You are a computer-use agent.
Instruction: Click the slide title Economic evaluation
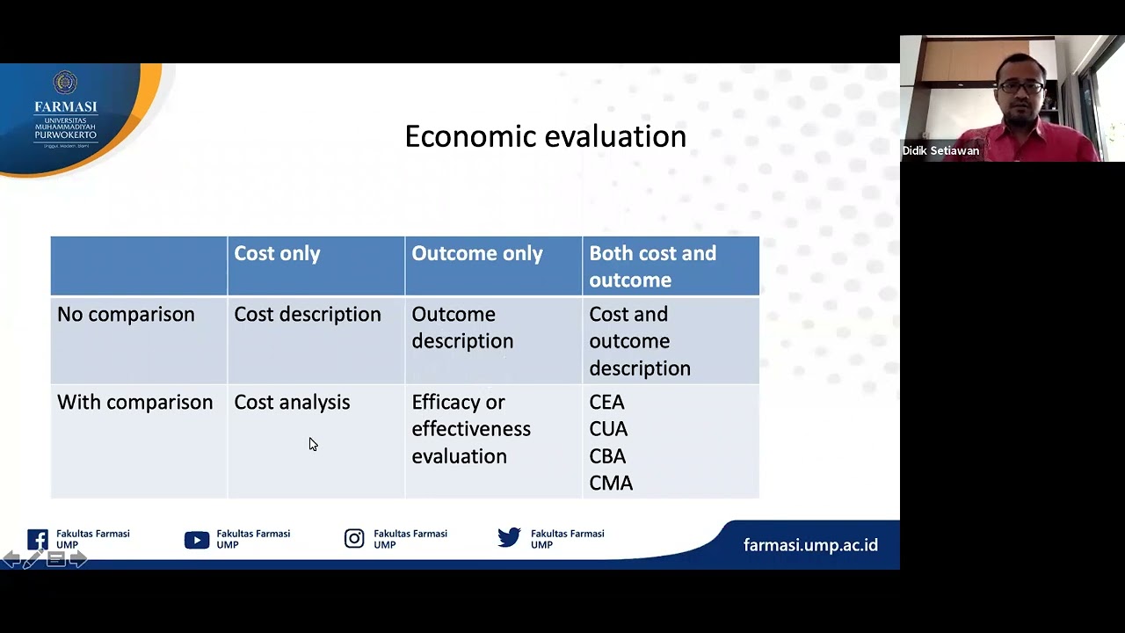pos(545,136)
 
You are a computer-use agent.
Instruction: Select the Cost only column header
pos(277,253)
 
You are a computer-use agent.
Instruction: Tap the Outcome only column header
pos(476,253)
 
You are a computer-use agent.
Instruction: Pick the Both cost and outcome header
pos(652,266)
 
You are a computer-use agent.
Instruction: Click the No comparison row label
pos(126,315)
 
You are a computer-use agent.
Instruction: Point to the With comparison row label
pos(134,403)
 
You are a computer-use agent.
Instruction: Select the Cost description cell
pos(307,315)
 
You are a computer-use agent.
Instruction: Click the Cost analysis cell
pos(291,403)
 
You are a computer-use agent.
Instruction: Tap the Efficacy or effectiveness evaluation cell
pos(470,429)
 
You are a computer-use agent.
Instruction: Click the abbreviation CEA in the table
pos(606,403)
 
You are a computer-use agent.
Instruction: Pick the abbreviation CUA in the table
pos(608,429)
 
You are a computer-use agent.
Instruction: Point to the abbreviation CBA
pos(607,456)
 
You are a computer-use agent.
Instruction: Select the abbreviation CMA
pos(611,484)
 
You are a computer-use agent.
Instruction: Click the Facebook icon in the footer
pos(38,539)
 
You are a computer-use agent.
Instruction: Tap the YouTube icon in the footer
pos(196,540)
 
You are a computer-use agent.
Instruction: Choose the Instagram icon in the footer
pos(354,539)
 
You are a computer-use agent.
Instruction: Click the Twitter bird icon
pos(509,538)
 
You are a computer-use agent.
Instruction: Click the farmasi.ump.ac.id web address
pos(810,545)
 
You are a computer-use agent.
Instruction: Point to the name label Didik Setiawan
pos(940,151)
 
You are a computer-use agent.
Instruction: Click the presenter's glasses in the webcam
pos(1020,88)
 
